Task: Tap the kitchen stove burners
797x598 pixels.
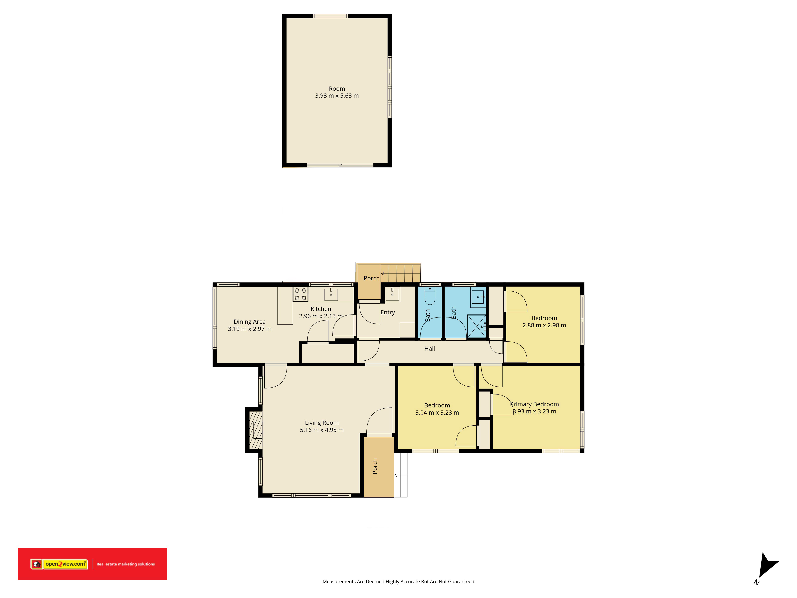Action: (300, 294)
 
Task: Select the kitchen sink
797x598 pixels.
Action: (331, 294)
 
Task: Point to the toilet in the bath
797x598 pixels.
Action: (430, 296)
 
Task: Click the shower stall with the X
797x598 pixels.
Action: (477, 327)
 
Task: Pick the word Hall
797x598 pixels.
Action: (430, 349)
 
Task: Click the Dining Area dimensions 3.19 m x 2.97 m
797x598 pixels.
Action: (250, 329)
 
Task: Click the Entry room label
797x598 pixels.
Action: (388, 313)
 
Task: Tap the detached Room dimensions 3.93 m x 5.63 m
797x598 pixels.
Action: (337, 95)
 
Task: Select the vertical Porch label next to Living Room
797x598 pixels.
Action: (375, 466)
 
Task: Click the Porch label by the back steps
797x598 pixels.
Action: (371, 278)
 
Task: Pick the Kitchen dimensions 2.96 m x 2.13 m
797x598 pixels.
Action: (321, 316)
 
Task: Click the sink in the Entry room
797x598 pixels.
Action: (392, 294)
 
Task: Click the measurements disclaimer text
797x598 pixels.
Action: (398, 581)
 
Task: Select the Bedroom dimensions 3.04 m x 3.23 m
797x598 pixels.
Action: (437, 413)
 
